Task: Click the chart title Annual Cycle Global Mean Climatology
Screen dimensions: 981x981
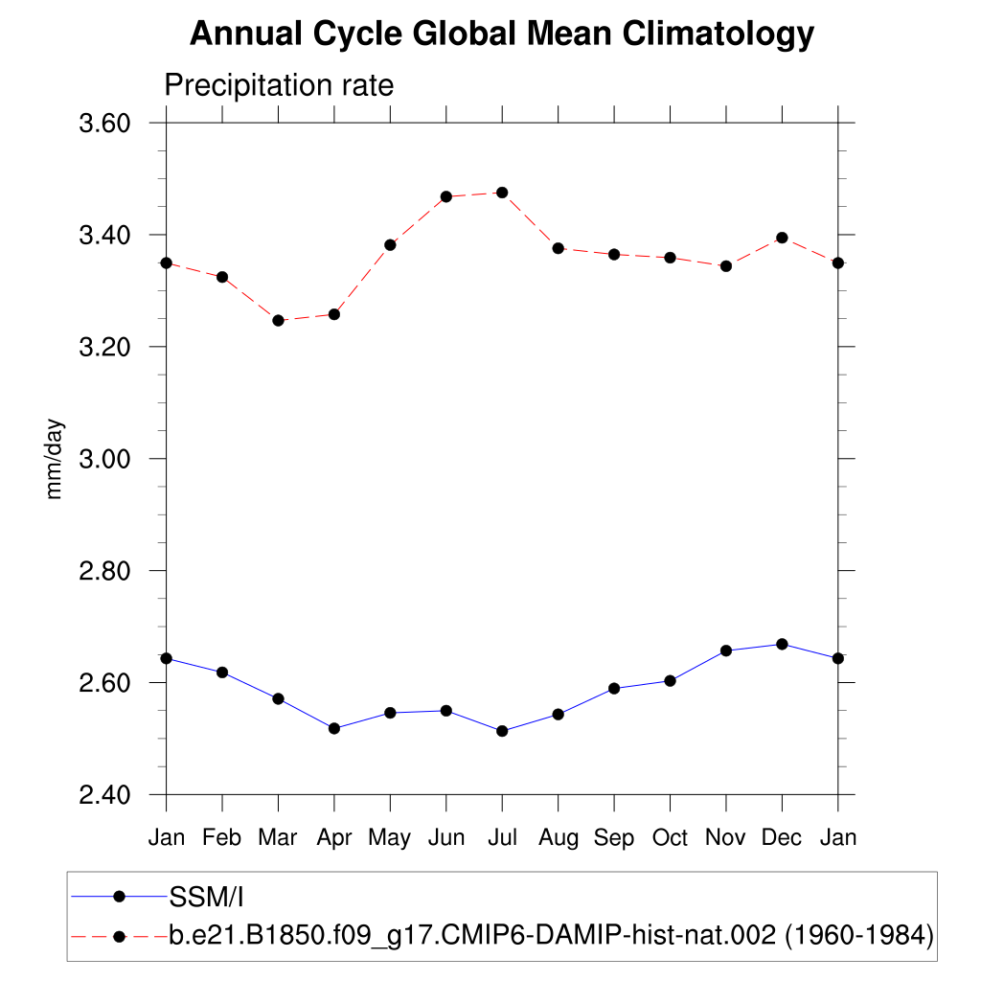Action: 502,34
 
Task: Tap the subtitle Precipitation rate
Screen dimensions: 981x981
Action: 279,85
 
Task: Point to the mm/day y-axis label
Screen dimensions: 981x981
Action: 56,459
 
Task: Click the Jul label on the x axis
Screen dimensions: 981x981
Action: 502,837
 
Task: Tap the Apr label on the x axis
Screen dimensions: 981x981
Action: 334,837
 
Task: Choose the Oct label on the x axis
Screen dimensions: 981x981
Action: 670,837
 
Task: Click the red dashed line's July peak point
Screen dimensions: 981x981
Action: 502,193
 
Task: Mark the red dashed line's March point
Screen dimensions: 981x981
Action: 278,320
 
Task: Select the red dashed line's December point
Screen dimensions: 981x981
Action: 782,238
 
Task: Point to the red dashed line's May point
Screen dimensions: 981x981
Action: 390,244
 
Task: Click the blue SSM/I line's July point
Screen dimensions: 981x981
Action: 502,731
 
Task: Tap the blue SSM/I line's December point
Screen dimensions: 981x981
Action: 782,644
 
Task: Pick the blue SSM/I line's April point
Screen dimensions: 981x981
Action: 334,728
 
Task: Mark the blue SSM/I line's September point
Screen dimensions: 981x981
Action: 614,688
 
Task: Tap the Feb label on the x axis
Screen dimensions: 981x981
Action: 222,837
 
